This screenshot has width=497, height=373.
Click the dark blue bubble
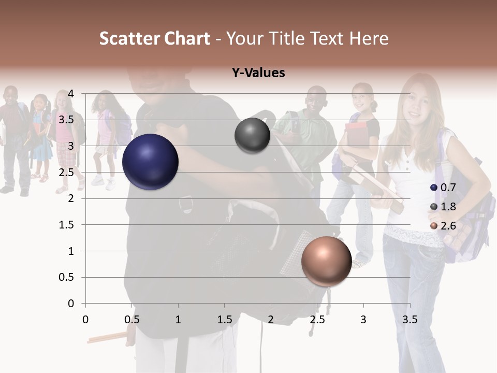pos(150,162)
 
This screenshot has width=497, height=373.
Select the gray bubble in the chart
pos(252,136)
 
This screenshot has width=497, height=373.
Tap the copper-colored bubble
pos(326,261)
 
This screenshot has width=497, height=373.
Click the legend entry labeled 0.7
pos(444,188)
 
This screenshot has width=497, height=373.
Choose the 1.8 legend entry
pos(444,207)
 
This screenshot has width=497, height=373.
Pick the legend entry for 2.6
pos(444,226)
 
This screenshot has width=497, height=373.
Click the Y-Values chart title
pos(258,73)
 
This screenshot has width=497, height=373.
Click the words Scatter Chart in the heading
pos(154,38)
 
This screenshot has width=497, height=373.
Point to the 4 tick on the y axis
pos(71,94)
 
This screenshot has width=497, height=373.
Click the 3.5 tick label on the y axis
pos(67,120)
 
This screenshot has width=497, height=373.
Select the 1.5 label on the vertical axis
pos(67,225)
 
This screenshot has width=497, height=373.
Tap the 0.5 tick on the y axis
pos(67,277)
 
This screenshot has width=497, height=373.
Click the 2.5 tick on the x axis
pos(317,320)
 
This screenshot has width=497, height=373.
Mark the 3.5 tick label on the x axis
pos(410,320)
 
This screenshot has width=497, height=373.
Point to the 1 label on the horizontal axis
pos(178,320)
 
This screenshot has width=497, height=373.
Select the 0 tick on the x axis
pos(86,320)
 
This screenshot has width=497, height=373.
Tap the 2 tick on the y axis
pos(71,198)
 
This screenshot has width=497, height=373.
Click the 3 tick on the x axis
pos(363,320)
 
